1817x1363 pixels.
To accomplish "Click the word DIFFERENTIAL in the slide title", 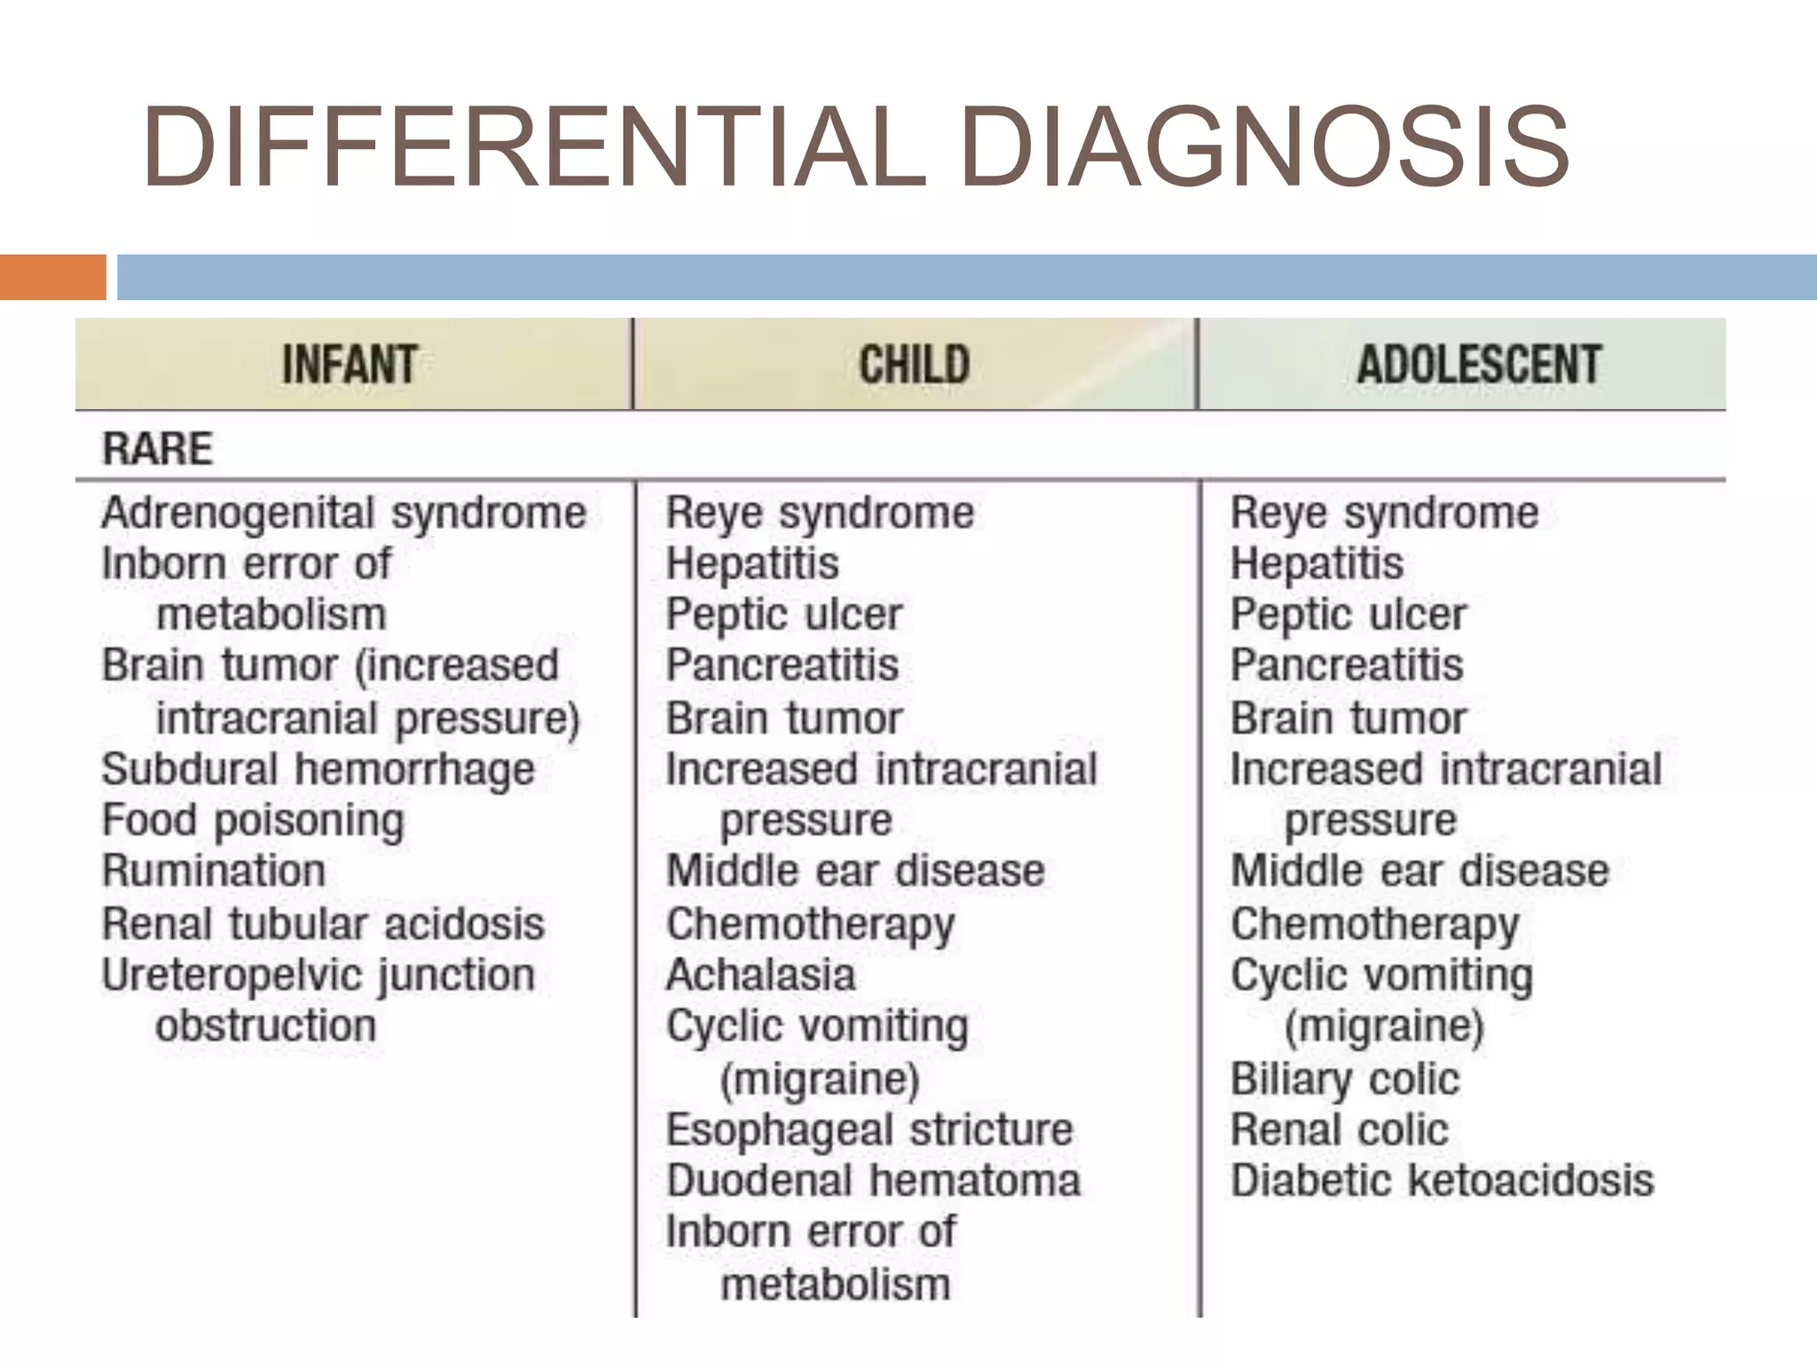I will [x=534, y=147].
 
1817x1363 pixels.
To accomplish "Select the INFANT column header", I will [x=350, y=365].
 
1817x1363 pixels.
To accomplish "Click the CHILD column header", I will [x=914, y=365].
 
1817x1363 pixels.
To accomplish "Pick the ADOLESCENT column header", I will [x=1478, y=365].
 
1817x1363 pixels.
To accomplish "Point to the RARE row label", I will [x=158, y=448].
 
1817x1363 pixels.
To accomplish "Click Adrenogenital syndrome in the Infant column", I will [x=344, y=513].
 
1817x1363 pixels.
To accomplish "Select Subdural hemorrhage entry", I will [x=318, y=769].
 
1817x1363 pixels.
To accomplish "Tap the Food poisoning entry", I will [x=253, y=820].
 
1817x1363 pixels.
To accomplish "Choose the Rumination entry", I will [x=214, y=871].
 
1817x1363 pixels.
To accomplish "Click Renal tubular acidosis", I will [x=323, y=924].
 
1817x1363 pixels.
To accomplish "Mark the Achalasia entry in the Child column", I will [x=760, y=974].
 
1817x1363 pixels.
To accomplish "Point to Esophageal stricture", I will [x=869, y=1130].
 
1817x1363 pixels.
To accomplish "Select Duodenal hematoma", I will [x=873, y=1181].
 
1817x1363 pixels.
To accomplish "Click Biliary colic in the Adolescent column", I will [x=1344, y=1079].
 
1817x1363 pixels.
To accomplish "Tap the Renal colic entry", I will [x=1339, y=1130].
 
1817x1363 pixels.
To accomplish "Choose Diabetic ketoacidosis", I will [x=1442, y=1181].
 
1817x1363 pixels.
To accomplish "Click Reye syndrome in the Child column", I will [x=820, y=513].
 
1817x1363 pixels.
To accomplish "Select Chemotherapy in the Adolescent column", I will [x=1374, y=924].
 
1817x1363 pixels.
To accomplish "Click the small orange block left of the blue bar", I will [x=52, y=277].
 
